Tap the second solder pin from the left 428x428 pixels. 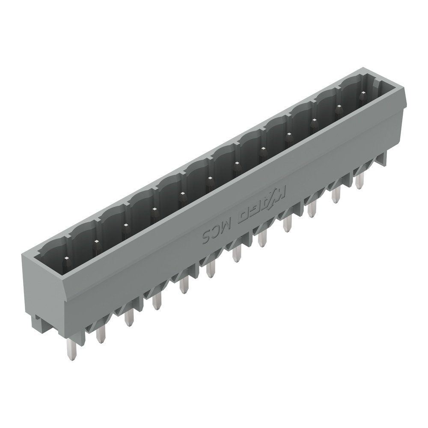point(101,332)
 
